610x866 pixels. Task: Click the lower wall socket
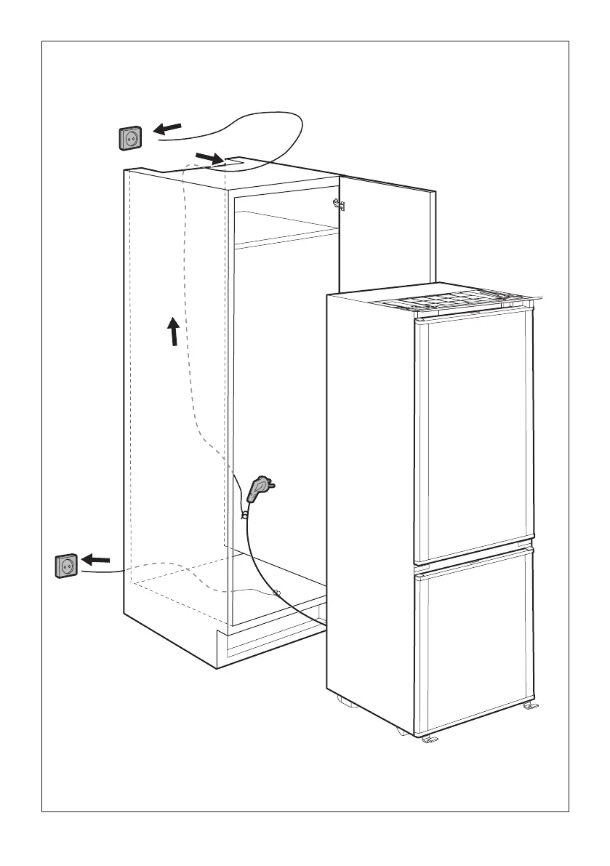point(66,566)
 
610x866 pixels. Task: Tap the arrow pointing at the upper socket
point(168,129)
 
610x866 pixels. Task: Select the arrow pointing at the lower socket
point(96,560)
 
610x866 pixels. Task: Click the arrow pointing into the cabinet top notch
point(210,157)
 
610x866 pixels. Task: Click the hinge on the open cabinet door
point(338,204)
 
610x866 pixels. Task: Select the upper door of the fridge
point(473,436)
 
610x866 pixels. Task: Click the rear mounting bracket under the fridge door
point(529,706)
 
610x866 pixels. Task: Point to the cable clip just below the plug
point(246,515)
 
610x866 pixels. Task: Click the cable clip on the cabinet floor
point(276,593)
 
